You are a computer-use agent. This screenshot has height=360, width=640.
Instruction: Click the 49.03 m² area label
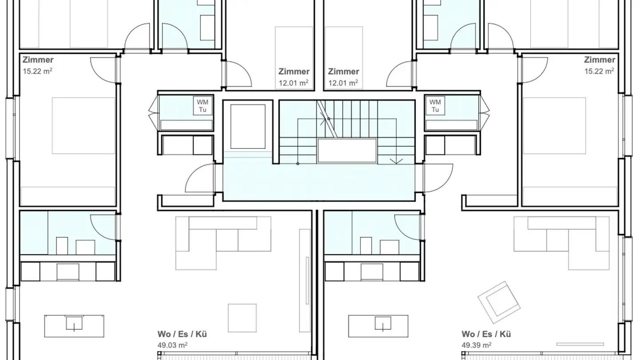[172, 345]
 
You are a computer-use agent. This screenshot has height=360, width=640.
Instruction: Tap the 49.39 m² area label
[477, 345]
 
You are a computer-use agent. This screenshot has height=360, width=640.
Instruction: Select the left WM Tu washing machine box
[203, 106]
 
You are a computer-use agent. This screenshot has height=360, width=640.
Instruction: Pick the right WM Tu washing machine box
[435, 106]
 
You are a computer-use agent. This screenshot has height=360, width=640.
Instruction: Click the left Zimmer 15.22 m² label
[38, 65]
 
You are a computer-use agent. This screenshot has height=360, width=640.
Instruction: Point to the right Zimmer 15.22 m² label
[600, 65]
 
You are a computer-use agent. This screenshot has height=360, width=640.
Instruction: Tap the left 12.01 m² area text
[293, 83]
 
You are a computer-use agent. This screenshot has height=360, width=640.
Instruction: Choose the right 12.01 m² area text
[343, 83]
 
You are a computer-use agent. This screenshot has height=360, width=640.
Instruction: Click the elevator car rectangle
[248, 127]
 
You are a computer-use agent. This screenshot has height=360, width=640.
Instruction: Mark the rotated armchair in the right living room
[499, 302]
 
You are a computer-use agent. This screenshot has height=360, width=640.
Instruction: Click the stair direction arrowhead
[396, 161]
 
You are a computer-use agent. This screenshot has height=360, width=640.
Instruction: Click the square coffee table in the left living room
[242, 318]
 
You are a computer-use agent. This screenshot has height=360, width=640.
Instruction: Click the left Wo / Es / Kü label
[182, 334]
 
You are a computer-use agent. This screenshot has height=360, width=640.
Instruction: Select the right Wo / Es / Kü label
[486, 334]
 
